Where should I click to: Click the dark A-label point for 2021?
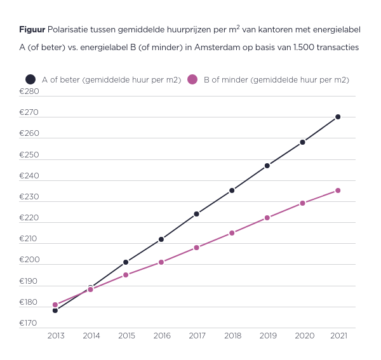point(338,117)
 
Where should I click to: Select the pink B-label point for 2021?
point(338,190)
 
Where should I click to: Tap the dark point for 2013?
point(55,310)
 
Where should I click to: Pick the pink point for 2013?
point(55,305)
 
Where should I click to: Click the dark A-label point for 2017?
point(197,214)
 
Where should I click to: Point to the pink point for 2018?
point(232,233)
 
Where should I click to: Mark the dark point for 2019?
point(267,166)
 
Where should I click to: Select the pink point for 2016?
point(161,262)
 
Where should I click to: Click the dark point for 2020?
point(302,142)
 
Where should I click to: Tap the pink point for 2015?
point(126,275)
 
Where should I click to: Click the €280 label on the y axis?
point(29,91)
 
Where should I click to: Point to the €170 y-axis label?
point(29,323)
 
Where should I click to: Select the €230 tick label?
point(29,197)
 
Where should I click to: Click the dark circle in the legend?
point(30,79)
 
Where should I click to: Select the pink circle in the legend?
point(192,79)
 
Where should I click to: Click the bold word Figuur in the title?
point(32,29)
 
